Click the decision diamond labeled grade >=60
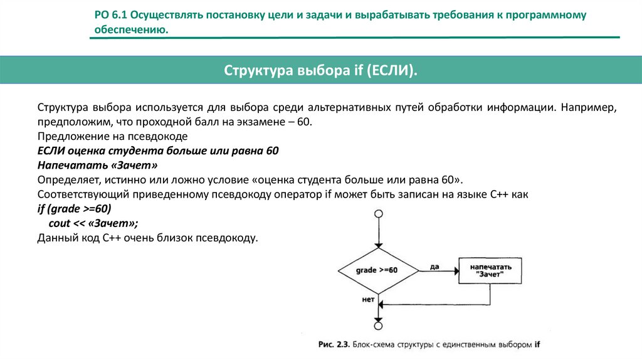click(x=377, y=270)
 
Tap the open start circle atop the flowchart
click(x=378, y=215)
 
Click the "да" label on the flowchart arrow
click(x=434, y=267)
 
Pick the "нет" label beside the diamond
click(x=368, y=299)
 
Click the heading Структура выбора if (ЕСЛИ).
click(x=320, y=70)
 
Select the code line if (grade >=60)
click(x=73, y=209)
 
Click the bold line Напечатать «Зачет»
click(x=97, y=166)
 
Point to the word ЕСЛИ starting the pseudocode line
click(x=51, y=151)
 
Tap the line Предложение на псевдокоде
click(x=112, y=136)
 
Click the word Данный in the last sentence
click(x=56, y=238)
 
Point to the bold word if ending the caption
click(x=537, y=344)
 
